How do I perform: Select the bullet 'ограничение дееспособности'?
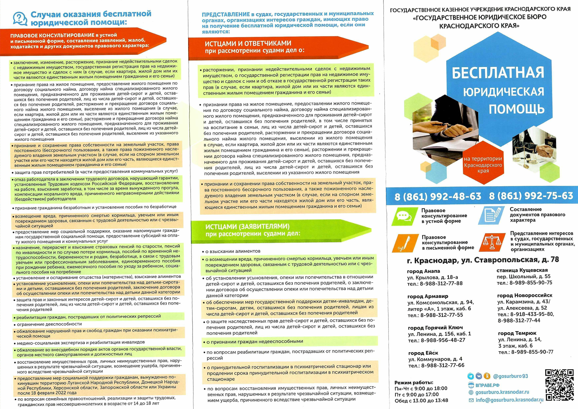[x=49, y=324]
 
